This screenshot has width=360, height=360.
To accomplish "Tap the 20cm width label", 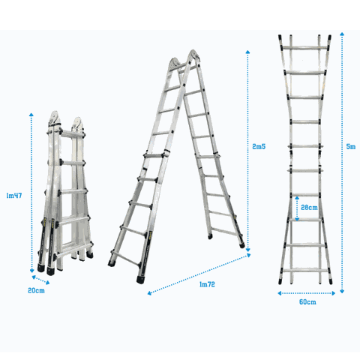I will coord(36,289).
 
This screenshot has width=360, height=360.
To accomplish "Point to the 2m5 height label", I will coord(259,147).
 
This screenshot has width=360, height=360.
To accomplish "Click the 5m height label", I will coord(351,147).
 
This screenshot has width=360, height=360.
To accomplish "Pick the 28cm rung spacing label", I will coord(307,207).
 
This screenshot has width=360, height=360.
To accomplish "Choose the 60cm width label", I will coord(306,301).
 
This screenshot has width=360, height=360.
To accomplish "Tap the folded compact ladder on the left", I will coord(65,195).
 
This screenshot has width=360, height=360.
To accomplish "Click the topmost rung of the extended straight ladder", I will coord(306,50).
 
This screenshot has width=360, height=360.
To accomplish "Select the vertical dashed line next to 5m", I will coord(341,161).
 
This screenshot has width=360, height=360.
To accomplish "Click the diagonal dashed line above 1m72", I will coord(199,274).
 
